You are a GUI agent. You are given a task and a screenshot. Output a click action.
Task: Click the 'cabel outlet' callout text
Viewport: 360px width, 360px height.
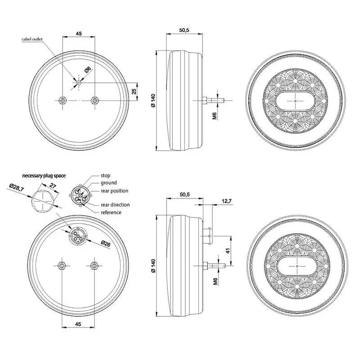tap(32, 39)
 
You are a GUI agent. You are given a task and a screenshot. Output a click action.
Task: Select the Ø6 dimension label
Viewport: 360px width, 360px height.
tap(88, 69)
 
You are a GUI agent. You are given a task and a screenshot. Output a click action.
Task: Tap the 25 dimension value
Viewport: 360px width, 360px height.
tap(134, 91)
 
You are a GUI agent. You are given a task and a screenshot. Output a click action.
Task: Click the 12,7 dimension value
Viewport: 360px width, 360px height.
tap(227, 201)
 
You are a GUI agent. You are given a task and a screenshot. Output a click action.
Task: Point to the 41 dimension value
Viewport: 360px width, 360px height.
tap(228, 251)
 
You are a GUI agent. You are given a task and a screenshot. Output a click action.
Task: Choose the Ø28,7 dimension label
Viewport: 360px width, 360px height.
tap(17, 188)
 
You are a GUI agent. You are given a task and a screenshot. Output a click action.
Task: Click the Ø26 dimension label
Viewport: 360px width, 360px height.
tap(106, 243)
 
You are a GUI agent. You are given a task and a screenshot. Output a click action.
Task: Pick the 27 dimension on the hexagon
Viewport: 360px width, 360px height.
tap(53, 186)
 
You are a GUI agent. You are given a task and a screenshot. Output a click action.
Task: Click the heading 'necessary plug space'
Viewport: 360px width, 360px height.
tap(44, 175)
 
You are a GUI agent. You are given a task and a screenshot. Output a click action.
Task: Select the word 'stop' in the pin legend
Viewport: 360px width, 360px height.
tap(105, 175)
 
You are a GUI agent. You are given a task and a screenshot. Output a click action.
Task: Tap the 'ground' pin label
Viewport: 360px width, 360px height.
tap(108, 183)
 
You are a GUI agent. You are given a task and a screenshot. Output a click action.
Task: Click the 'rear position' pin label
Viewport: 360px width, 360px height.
tap(114, 191)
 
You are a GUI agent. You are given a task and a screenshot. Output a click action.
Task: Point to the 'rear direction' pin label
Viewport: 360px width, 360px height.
tap(115, 205)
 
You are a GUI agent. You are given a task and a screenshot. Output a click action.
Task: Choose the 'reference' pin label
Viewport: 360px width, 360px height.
tap(111, 212)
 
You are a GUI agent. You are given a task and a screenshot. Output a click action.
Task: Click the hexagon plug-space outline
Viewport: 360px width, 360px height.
tap(43, 201)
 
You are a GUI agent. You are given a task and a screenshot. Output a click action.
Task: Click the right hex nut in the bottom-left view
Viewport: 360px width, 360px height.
tap(94, 265)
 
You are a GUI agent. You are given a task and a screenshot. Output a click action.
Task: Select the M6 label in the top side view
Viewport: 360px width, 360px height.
tap(215, 116)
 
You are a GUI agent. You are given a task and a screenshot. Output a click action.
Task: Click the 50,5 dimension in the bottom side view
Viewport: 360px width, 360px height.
tap(185, 194)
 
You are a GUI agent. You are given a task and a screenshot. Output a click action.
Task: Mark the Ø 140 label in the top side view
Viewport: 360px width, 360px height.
tap(153, 101)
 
